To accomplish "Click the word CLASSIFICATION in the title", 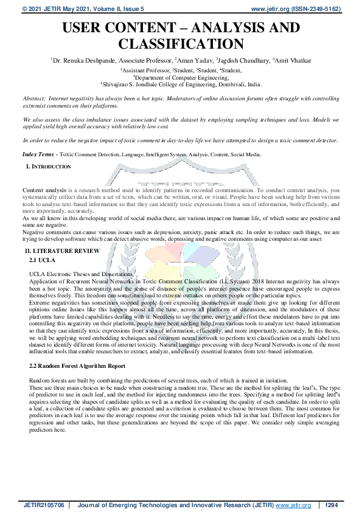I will coord(181,44).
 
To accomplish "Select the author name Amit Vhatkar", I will coord(293,61).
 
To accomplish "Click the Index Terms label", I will coord(39,155).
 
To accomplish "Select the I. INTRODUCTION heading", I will coord(49,166).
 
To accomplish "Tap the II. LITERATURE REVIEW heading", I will coord(61,251).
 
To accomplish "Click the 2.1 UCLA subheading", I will coord(42,260).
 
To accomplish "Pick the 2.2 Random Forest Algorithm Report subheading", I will coord(77,367).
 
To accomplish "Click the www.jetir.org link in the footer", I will coord(290,505).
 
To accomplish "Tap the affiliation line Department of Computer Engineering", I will coord(181,78).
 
